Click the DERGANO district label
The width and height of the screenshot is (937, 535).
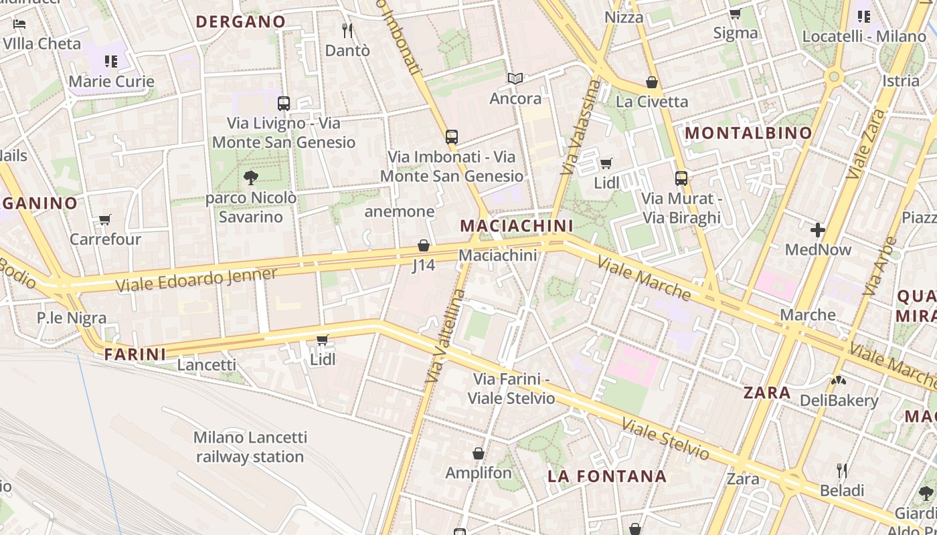click(241, 21)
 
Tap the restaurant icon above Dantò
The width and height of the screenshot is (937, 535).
click(347, 30)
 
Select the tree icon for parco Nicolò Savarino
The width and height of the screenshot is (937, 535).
click(251, 177)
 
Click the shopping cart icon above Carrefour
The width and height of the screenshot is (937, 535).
click(105, 219)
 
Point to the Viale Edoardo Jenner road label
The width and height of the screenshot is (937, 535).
click(196, 280)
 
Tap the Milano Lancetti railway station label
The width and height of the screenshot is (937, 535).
click(250, 447)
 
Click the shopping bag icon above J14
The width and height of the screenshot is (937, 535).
click(423, 245)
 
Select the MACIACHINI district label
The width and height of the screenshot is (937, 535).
click(517, 226)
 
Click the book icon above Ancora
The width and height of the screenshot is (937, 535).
click(515, 79)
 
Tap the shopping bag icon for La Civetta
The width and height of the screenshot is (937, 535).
click(651, 82)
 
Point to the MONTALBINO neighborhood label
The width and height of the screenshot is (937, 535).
click(748, 133)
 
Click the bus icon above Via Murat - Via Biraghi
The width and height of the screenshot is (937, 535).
click(681, 179)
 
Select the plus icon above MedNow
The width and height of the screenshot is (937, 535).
click(817, 230)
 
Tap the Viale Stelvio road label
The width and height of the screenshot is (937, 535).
click(665, 439)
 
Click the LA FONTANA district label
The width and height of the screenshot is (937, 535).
click(607, 476)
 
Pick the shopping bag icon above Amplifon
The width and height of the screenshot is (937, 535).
click(479, 453)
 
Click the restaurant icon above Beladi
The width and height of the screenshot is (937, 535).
click(842, 471)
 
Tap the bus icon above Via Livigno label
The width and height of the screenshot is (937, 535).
click(284, 104)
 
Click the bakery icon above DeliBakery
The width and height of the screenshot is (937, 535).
click(838, 381)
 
